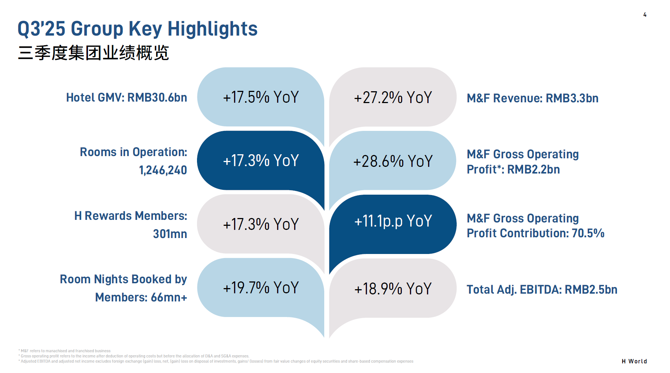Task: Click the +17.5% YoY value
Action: [261, 97]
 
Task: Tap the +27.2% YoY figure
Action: [393, 98]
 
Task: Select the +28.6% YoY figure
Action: [393, 161]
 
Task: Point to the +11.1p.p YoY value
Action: [393, 221]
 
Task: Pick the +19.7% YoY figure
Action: [261, 288]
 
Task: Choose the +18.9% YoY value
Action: [393, 289]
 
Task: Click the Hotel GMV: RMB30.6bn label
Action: [127, 98]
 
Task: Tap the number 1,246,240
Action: [163, 170]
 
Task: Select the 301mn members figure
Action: [170, 234]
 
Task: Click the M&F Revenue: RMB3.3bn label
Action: [532, 98]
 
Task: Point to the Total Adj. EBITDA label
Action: [542, 290]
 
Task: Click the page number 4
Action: [645, 15]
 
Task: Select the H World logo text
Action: [634, 361]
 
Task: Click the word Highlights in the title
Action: [213, 29]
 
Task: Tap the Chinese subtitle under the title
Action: [93, 53]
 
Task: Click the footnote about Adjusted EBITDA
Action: [217, 361]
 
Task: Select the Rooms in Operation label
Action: [134, 152]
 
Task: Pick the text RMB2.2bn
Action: [533, 169]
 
